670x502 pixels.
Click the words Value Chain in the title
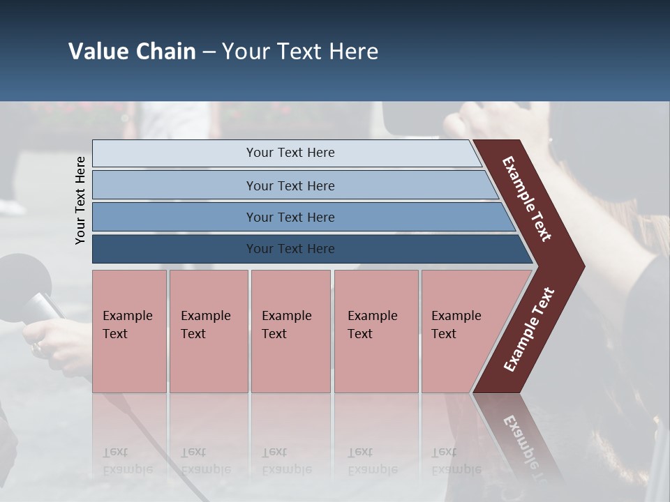(132, 52)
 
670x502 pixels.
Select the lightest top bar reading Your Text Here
(290, 153)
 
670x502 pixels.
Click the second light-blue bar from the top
(290, 185)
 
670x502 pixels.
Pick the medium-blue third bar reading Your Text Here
(290, 217)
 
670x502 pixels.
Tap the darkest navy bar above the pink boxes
(290, 249)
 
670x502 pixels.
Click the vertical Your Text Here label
(80, 200)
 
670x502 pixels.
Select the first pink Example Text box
(129, 330)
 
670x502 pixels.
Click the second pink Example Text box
(208, 330)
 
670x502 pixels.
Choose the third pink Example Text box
(290, 330)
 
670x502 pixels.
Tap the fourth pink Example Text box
(375, 330)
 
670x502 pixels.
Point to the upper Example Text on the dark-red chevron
(527, 199)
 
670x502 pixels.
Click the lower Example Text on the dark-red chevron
(529, 330)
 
